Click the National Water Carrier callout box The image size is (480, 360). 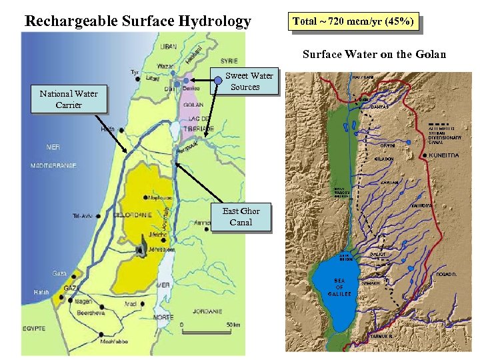click(x=68, y=99)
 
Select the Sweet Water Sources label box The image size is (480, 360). click(x=246, y=81)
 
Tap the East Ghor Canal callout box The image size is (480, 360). click(x=241, y=217)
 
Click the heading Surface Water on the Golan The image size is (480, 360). click(x=374, y=54)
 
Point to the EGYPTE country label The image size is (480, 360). click(x=33, y=329)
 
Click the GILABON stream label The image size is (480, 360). click(x=383, y=159)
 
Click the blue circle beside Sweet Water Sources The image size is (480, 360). click(x=217, y=81)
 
